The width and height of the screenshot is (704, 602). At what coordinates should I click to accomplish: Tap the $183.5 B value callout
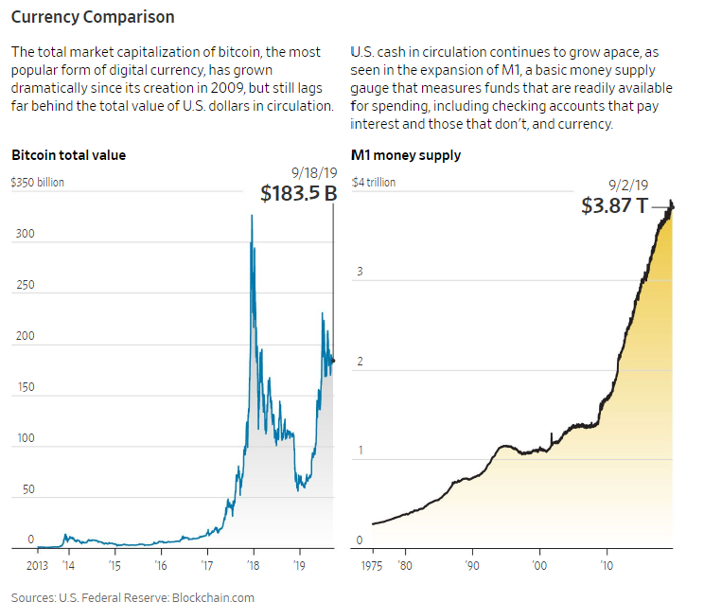click(299, 194)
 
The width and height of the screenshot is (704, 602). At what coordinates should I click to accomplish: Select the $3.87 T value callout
click(615, 204)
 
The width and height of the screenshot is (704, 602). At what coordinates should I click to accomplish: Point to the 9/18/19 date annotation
click(312, 172)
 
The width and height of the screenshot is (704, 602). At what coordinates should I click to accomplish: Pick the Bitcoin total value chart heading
click(68, 155)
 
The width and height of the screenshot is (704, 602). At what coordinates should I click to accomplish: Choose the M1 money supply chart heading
click(406, 155)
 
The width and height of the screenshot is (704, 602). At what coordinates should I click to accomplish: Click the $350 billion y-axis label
click(38, 182)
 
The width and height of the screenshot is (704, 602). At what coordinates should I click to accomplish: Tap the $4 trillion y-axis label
click(374, 182)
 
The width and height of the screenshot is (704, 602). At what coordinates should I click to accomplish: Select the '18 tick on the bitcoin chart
click(253, 565)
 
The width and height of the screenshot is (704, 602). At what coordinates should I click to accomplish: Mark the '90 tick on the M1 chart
click(471, 565)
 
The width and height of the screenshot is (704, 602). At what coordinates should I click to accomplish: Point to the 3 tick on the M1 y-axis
click(360, 273)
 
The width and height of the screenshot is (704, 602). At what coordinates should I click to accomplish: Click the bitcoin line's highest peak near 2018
click(251, 216)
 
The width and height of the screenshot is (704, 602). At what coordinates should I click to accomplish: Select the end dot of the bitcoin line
click(333, 361)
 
